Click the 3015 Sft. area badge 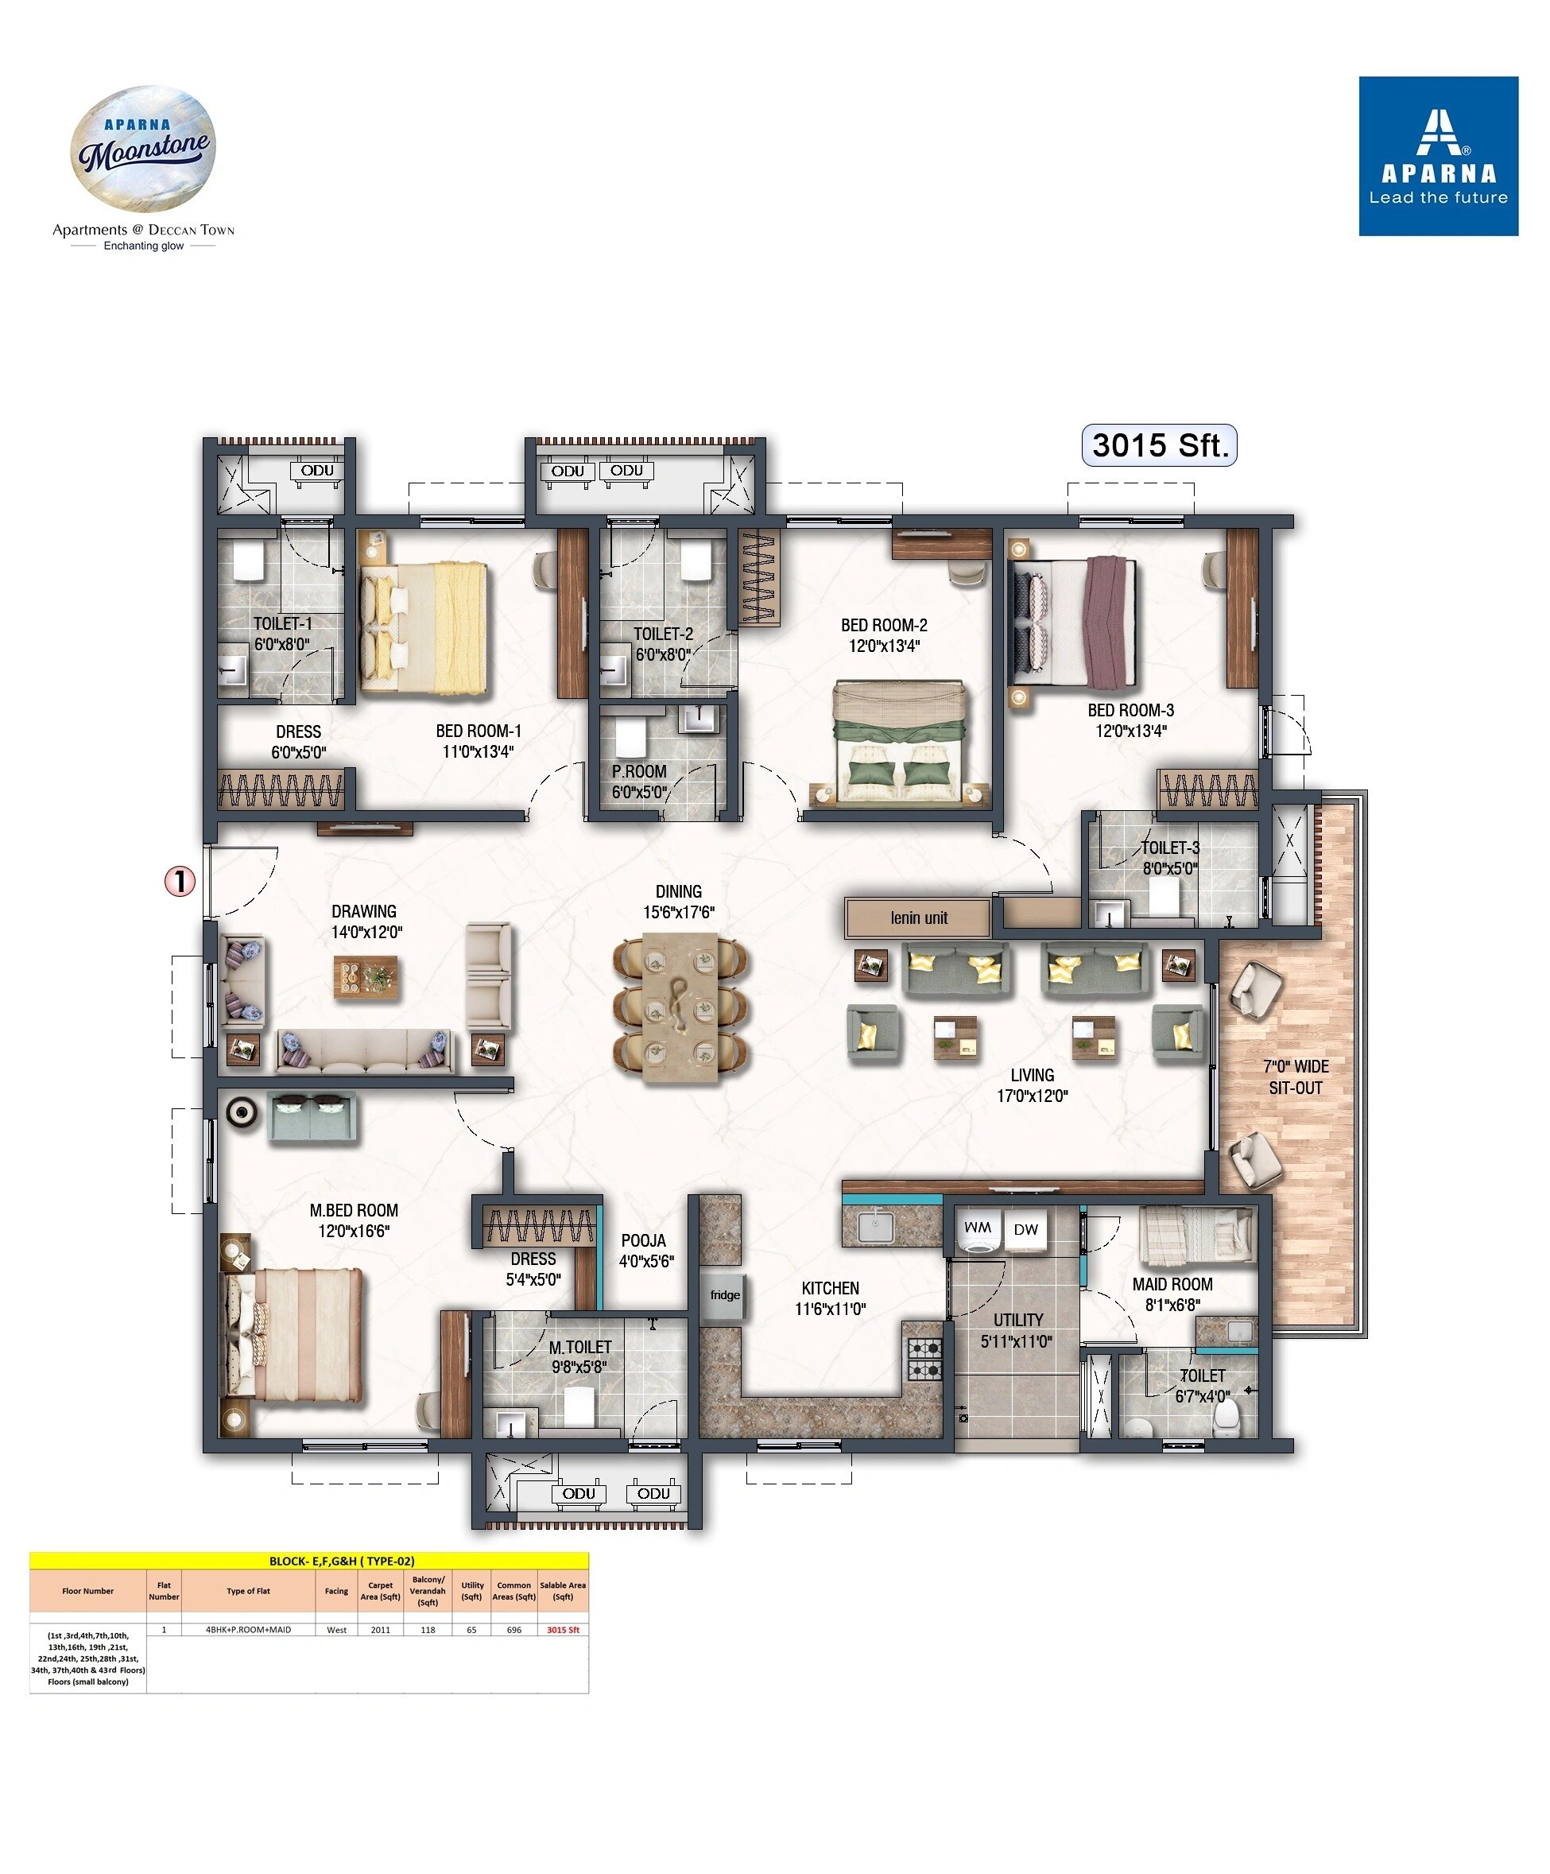tap(1157, 444)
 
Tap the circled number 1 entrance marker tap(180, 882)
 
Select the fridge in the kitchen tap(723, 1295)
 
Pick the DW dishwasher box tap(1025, 1230)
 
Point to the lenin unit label tap(917, 918)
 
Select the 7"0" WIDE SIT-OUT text tap(1295, 1077)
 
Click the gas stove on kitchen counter tap(924, 1358)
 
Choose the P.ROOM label tap(639, 781)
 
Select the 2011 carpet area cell tap(380, 1629)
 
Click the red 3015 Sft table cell tap(562, 1629)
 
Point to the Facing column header tap(336, 1591)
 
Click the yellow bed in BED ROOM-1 tap(424, 627)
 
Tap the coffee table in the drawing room tap(366, 977)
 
